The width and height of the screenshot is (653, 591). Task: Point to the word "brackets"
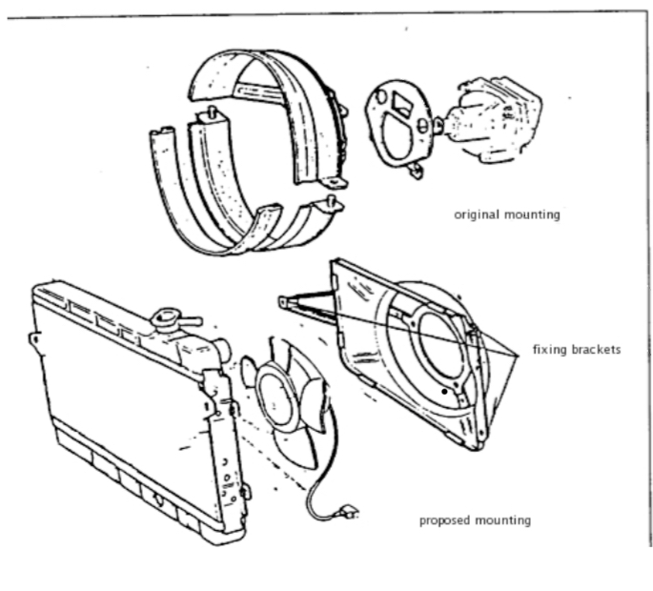point(597,350)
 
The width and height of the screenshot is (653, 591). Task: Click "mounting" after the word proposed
point(502,520)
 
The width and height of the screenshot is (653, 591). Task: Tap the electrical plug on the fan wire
point(348,515)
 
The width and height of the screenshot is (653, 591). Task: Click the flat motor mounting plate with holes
point(398,123)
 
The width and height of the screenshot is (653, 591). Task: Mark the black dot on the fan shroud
point(444,391)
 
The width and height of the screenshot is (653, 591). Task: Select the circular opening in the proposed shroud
point(440,343)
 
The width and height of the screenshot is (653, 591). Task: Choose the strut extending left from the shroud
point(305,304)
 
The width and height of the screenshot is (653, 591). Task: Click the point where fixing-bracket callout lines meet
point(519,351)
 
